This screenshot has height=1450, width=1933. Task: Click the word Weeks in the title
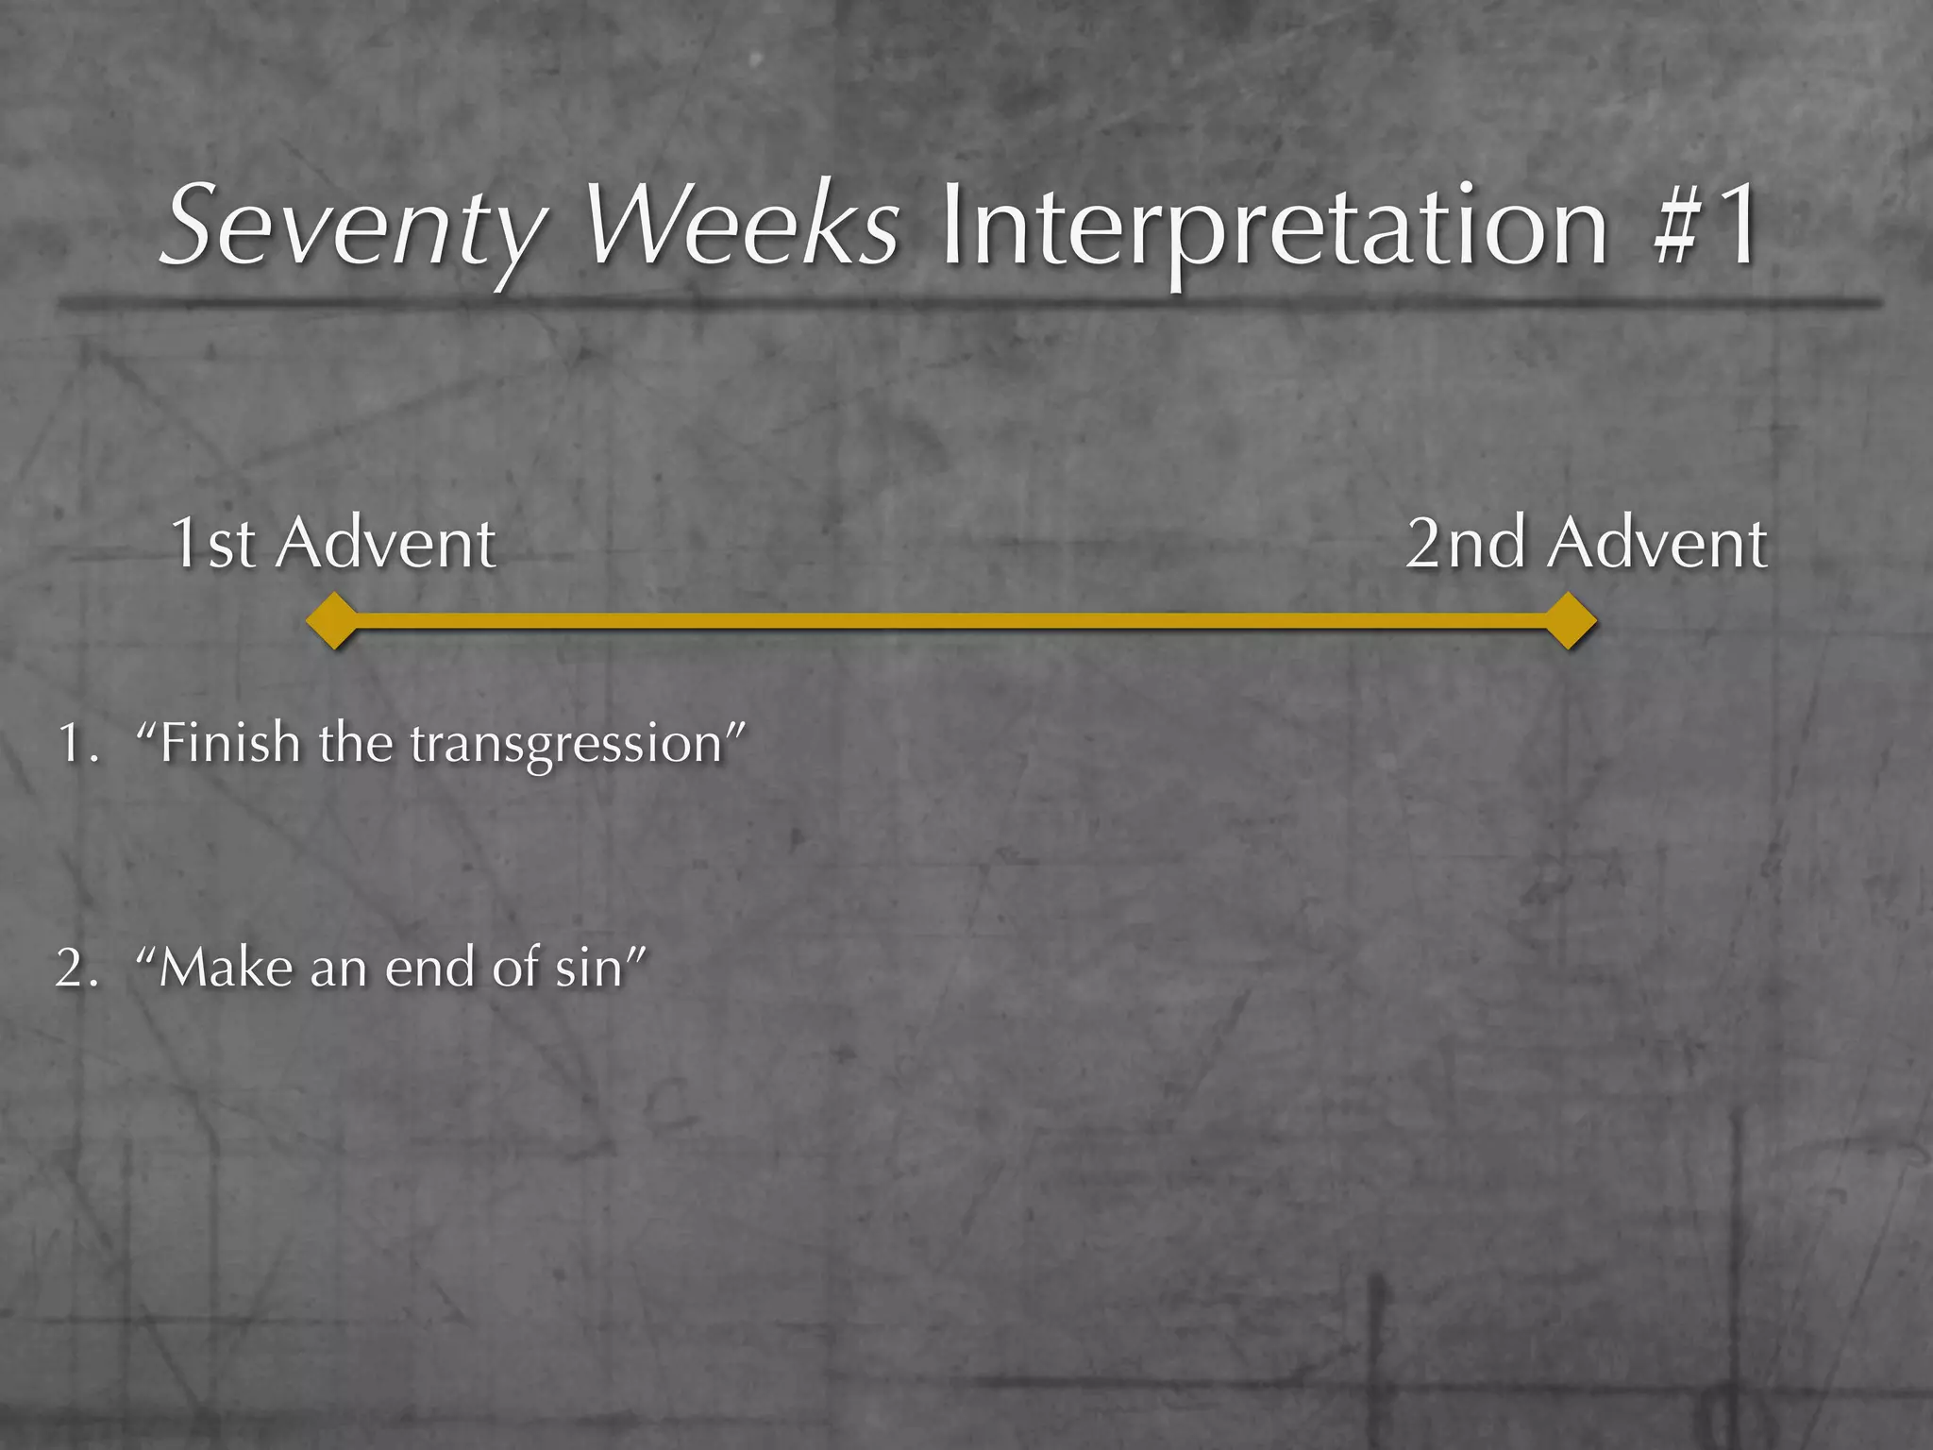pos(742,227)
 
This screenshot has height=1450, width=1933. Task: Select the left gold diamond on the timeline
pos(333,621)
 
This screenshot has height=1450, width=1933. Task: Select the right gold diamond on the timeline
pos(1570,621)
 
